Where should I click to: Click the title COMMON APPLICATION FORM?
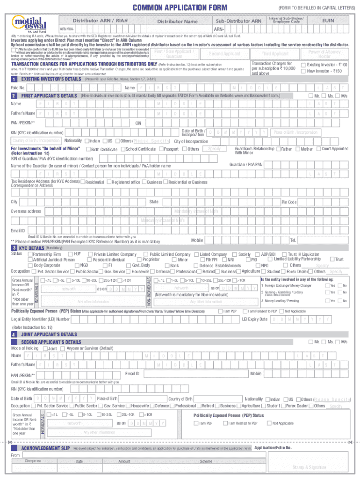tap(180, 7)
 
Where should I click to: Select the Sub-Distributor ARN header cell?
tap(238, 21)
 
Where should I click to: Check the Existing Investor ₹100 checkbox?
tap(303, 65)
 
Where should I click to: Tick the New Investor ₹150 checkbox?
tap(303, 71)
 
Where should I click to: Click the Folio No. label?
tap(18, 88)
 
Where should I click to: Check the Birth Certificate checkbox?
tap(88, 149)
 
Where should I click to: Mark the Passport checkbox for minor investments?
tap(161, 149)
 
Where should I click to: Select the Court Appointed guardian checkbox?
tap(318, 149)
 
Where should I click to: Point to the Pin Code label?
tap(288, 202)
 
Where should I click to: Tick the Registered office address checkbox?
tap(109, 182)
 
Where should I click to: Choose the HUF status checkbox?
tap(70, 254)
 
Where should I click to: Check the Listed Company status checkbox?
tap(196, 254)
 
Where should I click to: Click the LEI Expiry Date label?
tap(254, 319)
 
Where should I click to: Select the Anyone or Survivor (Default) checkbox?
tap(63, 348)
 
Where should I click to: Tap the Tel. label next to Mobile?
tap(293, 240)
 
